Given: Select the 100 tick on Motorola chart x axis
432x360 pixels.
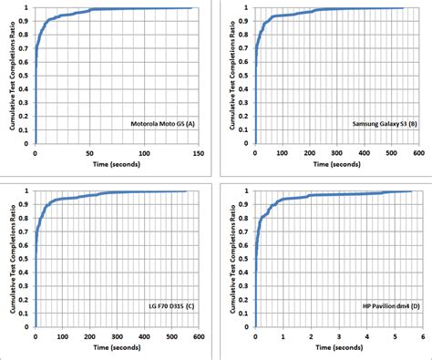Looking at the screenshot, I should pyautogui.click(x=143, y=155).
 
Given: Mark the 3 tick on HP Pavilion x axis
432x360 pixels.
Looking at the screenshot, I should pyautogui.click(x=336, y=335).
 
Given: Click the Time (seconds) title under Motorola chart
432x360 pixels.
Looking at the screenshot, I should pyautogui.click(x=116, y=167).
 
